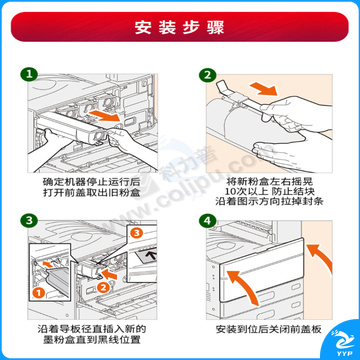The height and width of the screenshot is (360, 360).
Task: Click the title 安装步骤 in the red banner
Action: pyautogui.click(x=179, y=27)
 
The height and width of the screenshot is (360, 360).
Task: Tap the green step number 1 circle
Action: pyautogui.click(x=30, y=75)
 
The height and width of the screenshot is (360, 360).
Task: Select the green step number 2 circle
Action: pyautogui.click(x=207, y=75)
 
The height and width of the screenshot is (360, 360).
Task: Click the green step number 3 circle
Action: pyautogui.click(x=30, y=221)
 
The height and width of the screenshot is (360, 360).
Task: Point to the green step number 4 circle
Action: pyautogui.click(x=207, y=221)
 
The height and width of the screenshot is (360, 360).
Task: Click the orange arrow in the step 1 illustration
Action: pyautogui.click(x=104, y=117)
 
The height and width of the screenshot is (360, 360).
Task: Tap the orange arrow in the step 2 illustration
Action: pyautogui.click(x=263, y=88)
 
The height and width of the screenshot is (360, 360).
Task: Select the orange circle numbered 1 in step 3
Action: pyautogui.click(x=39, y=293)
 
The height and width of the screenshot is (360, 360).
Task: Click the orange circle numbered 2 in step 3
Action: pyautogui.click(x=104, y=287)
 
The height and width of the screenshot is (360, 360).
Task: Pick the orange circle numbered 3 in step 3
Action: pyautogui.click(x=136, y=234)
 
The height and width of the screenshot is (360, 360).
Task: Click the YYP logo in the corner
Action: pyautogui.click(x=342, y=343)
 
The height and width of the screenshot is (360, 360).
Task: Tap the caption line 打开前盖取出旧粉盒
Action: pyautogui.click(x=91, y=193)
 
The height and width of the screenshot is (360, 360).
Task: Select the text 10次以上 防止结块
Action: pyautogui.click(x=269, y=191)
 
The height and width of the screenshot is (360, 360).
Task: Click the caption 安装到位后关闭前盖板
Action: pyautogui.click(x=269, y=330)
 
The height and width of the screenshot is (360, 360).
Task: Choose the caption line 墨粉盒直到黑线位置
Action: pyautogui.click(x=91, y=340)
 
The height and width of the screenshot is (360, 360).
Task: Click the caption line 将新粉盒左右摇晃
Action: pyautogui.click(x=269, y=182)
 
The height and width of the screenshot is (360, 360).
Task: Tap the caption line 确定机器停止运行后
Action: pyautogui.click(x=91, y=182)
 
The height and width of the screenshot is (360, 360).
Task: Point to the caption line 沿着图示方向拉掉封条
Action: pyautogui.click(x=269, y=201)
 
